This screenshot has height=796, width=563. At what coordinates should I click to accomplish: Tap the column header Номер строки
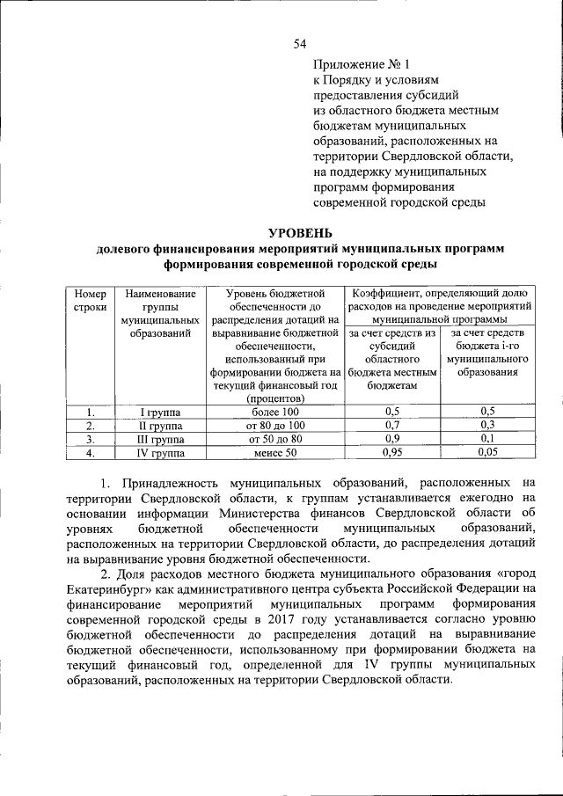[90, 302]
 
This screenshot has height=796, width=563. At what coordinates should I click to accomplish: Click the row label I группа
[160, 412]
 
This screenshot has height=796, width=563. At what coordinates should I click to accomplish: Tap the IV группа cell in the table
[160, 453]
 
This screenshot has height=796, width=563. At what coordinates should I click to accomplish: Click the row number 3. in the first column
[90, 439]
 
